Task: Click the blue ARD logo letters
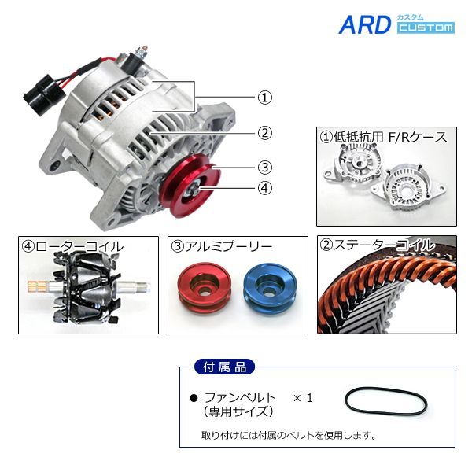(365, 24)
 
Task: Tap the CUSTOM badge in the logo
(426, 28)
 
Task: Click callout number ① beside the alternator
(264, 98)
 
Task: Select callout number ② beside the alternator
(264, 133)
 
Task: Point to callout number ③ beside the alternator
(264, 168)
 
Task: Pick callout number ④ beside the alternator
(264, 188)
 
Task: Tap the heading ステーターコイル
(376, 245)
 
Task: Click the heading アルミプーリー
(222, 246)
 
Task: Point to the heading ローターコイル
(73, 246)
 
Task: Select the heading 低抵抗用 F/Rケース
(384, 137)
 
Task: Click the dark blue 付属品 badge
(224, 367)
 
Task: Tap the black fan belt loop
(386, 401)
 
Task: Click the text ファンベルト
(240, 398)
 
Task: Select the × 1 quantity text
(303, 398)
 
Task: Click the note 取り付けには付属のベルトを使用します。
(289, 435)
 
